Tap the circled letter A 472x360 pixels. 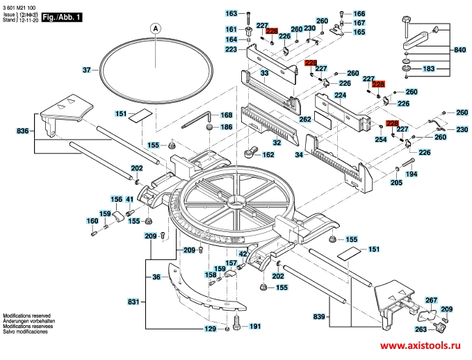point(156,28)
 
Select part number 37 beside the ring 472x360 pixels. point(87,70)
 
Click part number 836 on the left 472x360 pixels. point(22,130)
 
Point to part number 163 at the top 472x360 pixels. point(232,14)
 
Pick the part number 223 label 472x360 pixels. point(231,49)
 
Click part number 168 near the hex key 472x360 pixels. point(227,115)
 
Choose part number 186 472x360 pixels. point(227,127)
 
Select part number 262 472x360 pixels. point(305,119)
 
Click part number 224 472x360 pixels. point(341,95)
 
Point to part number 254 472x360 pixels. point(380,139)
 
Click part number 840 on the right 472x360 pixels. point(459,50)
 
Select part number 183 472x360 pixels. point(428,69)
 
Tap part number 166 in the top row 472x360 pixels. point(359,14)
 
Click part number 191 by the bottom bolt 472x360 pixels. point(254,326)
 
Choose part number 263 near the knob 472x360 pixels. point(420,329)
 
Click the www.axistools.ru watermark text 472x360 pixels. point(420,345)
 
